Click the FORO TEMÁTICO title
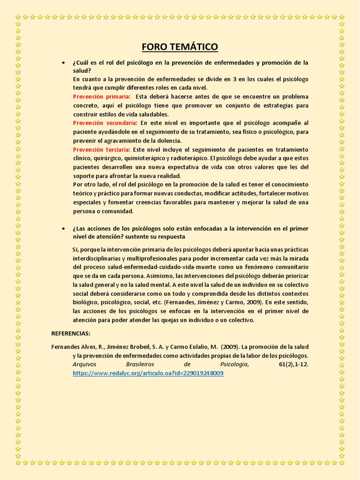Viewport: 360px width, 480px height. [x=180, y=47]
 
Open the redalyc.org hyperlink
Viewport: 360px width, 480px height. [x=148, y=373]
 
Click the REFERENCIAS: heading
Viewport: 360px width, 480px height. [x=71, y=333]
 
